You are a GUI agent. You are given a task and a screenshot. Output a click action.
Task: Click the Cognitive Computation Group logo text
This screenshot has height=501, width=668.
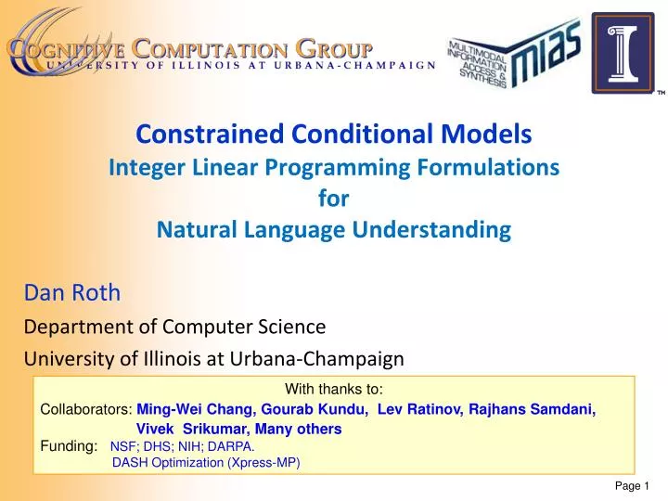point(190,47)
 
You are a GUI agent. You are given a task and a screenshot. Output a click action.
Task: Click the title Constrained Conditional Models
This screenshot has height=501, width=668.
point(334,135)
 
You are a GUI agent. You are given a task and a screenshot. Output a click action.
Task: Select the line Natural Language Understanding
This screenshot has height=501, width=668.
point(334,229)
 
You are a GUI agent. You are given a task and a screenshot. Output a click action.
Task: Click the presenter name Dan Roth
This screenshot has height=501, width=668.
point(71,293)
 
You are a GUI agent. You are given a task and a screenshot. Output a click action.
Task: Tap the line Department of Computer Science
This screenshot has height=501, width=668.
point(174,327)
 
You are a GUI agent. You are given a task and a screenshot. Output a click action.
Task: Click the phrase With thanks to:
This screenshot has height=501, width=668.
point(334,391)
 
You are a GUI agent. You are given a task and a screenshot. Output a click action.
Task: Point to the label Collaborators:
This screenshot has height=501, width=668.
point(86,409)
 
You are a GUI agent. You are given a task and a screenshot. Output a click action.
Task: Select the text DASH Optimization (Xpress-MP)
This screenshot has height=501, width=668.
point(206,463)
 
